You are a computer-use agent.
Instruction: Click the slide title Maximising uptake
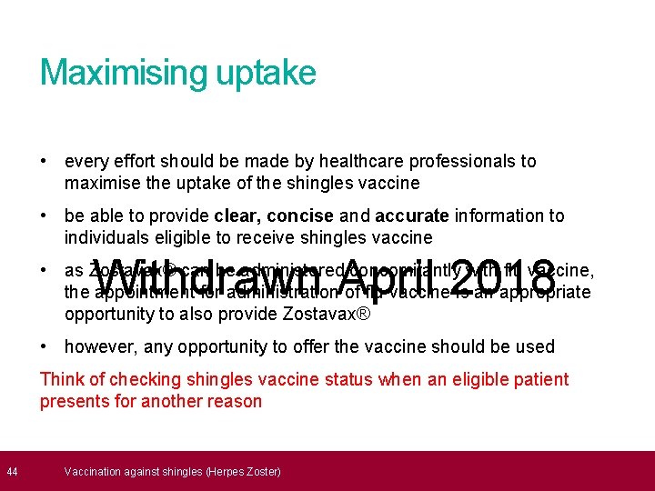177,73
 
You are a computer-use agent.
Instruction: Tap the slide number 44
13,471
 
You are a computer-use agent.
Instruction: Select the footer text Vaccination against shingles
173,471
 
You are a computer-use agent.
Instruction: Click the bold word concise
304,215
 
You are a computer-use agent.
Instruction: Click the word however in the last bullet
96,346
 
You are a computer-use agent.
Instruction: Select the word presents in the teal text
75,401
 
